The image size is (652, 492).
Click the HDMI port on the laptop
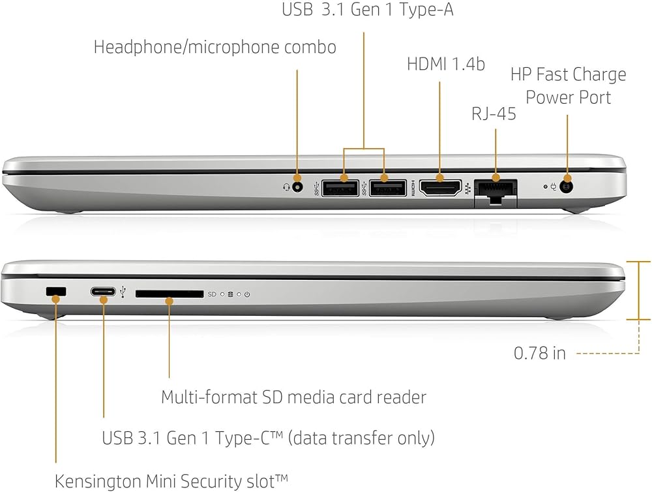coord(440,189)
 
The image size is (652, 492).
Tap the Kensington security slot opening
coord(57,292)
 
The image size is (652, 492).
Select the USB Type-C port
coord(104,292)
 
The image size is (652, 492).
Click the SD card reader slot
coord(170,294)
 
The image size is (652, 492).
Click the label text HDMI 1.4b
coord(446,64)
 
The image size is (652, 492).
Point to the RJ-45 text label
coord(494,114)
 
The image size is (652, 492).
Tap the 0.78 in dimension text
coord(540,353)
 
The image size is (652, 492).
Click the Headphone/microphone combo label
coord(215,47)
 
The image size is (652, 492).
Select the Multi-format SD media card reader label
coord(293,396)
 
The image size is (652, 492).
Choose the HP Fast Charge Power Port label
coord(568,85)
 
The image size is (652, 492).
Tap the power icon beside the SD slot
coord(247,295)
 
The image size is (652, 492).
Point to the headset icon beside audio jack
coord(285,188)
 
